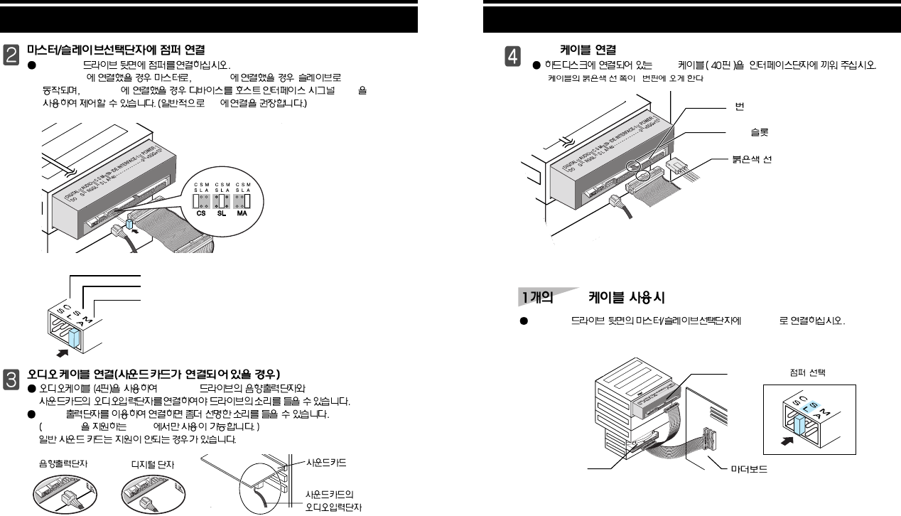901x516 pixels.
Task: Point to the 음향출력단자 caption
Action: point(62,463)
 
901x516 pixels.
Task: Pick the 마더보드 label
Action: point(754,471)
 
